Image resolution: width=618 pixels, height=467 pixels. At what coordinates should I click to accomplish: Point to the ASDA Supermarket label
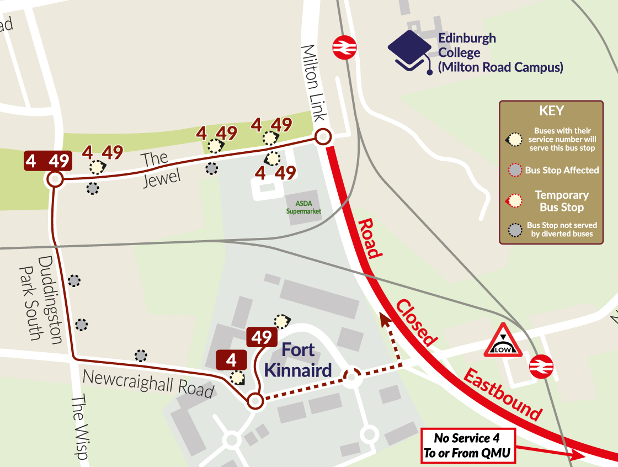point(303,208)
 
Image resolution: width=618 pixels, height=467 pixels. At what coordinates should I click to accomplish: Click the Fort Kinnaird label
point(298,360)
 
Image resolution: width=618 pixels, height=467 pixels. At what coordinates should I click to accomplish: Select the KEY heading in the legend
point(551,110)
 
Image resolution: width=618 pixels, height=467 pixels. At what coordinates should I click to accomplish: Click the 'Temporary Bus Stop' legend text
point(562,201)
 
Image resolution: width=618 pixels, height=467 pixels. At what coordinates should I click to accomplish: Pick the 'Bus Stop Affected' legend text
point(562,171)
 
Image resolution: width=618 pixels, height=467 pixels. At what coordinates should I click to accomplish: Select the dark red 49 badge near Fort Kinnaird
point(262,337)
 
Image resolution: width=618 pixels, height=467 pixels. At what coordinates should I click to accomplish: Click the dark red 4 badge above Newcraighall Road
point(232,360)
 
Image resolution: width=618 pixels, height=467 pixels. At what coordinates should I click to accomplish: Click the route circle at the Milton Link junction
point(323,136)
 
